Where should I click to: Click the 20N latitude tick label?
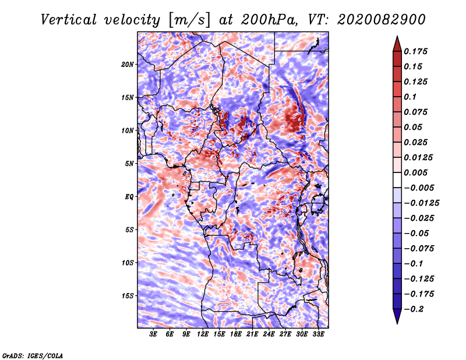click(x=128, y=65)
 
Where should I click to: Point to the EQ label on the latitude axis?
click(x=129, y=197)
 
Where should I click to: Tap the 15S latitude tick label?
click(x=128, y=296)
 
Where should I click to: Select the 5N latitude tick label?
click(x=129, y=164)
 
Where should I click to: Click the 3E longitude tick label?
click(x=153, y=334)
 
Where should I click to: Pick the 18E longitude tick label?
click(x=236, y=334)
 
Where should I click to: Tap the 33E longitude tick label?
click(x=318, y=334)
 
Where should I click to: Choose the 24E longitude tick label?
click(x=269, y=334)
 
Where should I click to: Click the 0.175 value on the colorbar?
click(x=415, y=51)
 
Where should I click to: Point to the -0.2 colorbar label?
click(x=414, y=309)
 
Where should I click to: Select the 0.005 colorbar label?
click(x=415, y=172)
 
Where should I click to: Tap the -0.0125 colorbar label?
click(x=421, y=203)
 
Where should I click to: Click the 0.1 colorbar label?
click(x=410, y=97)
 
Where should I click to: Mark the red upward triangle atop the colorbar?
click(x=397, y=44)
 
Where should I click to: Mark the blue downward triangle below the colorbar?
click(x=397, y=316)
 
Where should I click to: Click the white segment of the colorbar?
click(x=397, y=180)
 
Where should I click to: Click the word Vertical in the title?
click(x=69, y=20)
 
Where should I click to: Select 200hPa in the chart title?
click(x=269, y=20)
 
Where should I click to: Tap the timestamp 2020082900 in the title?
click(x=382, y=20)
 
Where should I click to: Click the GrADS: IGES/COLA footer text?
click(x=33, y=356)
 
